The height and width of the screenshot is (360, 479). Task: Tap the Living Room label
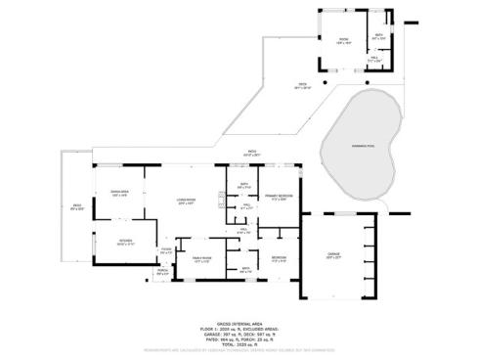tap(186, 201)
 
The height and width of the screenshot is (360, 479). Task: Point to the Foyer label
tap(167, 251)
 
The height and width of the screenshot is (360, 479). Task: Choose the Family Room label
tap(201, 259)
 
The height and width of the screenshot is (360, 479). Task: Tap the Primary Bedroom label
tap(279, 197)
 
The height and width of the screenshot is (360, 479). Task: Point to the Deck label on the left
tap(77, 206)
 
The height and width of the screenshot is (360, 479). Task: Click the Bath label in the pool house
tap(378, 37)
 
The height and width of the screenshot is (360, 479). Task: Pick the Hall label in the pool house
tap(374, 59)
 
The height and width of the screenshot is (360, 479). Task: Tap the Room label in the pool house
tap(344, 41)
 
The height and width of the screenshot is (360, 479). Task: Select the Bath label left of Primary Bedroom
tap(244, 185)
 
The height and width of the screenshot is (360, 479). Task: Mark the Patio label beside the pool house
tap(304, 86)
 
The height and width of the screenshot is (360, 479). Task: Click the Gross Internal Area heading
tap(238, 321)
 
